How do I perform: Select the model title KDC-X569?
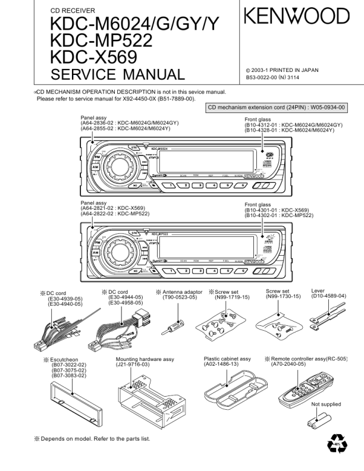tap(94, 58)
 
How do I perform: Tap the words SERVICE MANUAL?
tap(118, 75)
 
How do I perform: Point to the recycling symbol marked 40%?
tap(336, 444)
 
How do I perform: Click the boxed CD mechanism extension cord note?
tap(277, 108)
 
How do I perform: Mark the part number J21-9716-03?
tap(133, 365)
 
